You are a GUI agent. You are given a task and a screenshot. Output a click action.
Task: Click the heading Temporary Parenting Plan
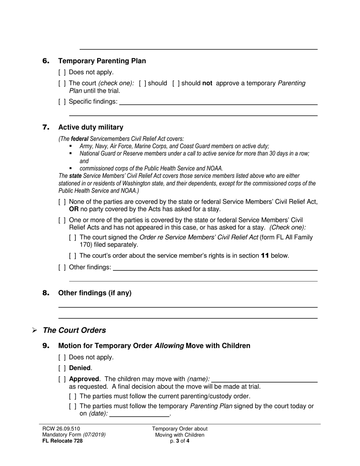[x=102, y=61]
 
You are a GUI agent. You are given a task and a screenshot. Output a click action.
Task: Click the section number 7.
[x=46, y=127]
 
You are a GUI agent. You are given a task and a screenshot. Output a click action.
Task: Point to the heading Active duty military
[x=91, y=127]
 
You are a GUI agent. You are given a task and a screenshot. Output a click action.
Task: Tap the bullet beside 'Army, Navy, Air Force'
[x=70, y=146]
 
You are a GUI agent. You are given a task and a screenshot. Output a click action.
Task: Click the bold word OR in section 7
[x=74, y=209]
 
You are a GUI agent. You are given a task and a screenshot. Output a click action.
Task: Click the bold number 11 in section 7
[x=265, y=256]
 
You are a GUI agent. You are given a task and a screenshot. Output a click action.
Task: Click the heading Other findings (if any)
[x=95, y=293]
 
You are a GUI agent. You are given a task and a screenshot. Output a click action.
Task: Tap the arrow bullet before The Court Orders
[x=34, y=330]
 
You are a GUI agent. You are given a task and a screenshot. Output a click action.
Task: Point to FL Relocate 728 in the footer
[x=62, y=441]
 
